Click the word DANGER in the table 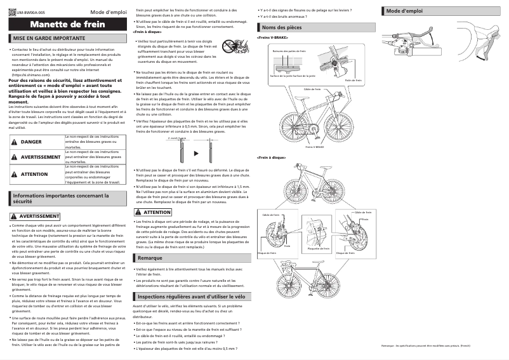pyautogui.click(x=31, y=142)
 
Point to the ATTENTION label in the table pyautogui.click(x=34, y=173)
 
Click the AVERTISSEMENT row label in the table pyautogui.click(x=41, y=157)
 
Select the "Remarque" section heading pyautogui.click(x=150, y=258)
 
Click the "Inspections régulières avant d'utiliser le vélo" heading pyautogui.click(x=191, y=297)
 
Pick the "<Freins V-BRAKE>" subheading pyautogui.click(x=273, y=38)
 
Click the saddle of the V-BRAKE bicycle pyautogui.click(x=298, y=92)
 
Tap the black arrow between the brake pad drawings pyautogui.click(x=195, y=153)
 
